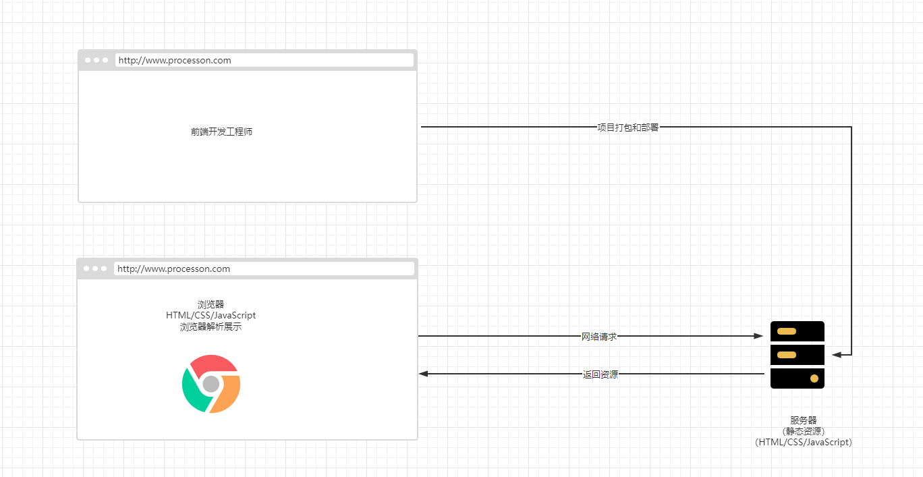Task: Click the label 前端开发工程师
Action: point(221,132)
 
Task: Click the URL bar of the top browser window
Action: point(264,60)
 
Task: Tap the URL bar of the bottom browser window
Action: point(263,269)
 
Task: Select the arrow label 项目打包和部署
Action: point(627,127)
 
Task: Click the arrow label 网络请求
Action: point(599,336)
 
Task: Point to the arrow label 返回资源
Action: point(600,374)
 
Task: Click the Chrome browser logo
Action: point(211,383)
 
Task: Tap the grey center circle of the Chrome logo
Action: point(211,384)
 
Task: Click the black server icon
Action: point(798,355)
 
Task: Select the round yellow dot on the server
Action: point(814,378)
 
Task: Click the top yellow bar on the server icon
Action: point(787,331)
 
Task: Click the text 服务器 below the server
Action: point(804,420)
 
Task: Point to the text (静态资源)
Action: point(804,431)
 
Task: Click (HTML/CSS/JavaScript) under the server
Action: point(804,443)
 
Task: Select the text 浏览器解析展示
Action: point(211,327)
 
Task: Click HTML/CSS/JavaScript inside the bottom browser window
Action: point(211,315)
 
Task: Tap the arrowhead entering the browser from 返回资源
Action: point(423,374)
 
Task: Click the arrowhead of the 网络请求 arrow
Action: point(758,336)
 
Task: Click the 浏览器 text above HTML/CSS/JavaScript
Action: point(211,304)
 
